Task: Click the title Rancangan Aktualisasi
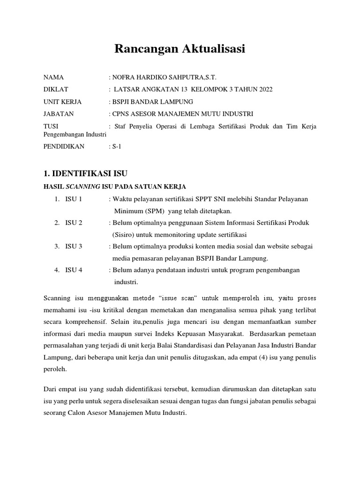180,49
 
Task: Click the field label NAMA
53,77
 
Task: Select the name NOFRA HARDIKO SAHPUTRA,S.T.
164,77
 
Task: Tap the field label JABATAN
59,113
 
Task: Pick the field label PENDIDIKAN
64,146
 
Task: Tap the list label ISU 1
74,199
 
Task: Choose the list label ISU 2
74,223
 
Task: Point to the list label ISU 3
74,246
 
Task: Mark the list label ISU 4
74,270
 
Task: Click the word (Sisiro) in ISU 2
123,234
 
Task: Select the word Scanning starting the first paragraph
57,298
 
